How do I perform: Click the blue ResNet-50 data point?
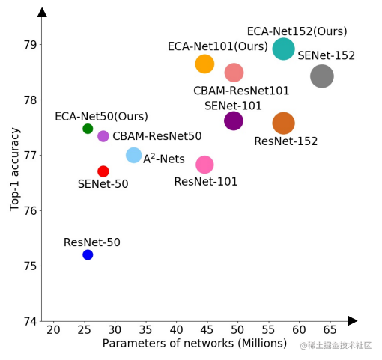(88, 254)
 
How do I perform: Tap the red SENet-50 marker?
(103, 171)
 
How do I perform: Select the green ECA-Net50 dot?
(88, 129)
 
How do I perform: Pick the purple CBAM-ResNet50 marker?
(103, 136)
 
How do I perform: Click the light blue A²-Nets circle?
(134, 155)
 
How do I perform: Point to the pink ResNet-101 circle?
(204, 164)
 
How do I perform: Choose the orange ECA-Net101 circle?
(204, 64)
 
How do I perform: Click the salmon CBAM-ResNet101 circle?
(234, 73)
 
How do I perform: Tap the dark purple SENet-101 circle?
(234, 120)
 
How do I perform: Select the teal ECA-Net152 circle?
(283, 49)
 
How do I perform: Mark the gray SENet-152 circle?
(321, 76)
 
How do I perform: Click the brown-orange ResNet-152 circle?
(283, 123)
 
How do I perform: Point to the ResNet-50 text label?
(91, 242)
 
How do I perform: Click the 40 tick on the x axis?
(176, 330)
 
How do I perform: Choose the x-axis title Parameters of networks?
(195, 344)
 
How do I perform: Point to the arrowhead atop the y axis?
(42, 12)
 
